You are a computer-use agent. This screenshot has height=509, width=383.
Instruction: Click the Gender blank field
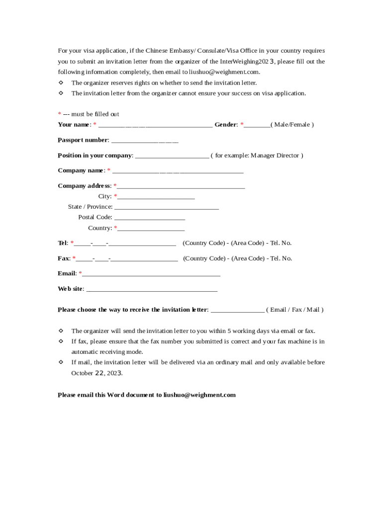257,125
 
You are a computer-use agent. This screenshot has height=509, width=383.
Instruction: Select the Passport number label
83,140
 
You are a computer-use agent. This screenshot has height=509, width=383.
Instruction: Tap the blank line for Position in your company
172,156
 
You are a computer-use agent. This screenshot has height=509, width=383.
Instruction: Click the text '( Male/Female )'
292,125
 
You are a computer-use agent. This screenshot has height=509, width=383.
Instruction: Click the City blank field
156,197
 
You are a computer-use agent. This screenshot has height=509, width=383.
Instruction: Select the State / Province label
90,207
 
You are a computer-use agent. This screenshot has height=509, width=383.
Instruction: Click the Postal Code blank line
149,218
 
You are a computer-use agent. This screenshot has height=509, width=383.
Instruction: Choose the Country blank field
151,229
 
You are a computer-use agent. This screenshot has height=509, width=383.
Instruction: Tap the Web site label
70,289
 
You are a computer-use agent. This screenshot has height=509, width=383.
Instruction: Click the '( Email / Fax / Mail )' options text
294,310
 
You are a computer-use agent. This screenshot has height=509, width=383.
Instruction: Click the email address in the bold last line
199,395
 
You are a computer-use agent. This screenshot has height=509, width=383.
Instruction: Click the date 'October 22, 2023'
96,373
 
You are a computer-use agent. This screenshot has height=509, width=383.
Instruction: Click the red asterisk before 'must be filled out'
59,114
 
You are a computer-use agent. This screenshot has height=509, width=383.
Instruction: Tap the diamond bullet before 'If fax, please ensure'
61,341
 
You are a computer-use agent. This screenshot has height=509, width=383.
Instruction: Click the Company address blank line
181,187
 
